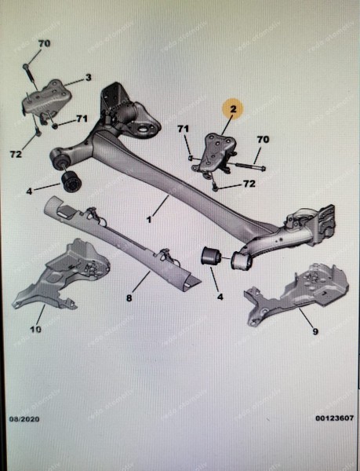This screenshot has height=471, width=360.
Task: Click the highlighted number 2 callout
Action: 232,111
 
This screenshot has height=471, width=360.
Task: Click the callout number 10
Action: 35,330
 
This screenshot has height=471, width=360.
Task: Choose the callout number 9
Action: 315,332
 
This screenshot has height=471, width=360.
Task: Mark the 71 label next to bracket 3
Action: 82,119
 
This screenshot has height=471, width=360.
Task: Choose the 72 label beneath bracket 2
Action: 248,184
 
